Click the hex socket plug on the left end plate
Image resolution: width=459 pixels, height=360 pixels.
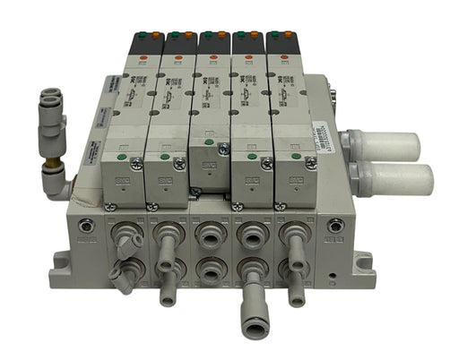click(x=86, y=227)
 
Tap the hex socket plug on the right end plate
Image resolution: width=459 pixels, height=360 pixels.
click(x=335, y=227)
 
